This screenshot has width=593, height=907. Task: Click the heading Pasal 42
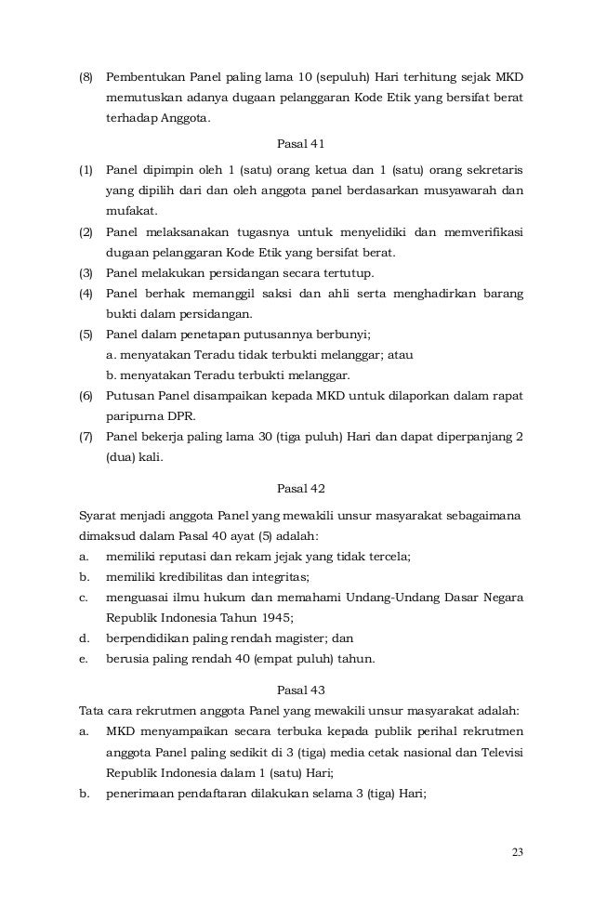(x=296, y=487)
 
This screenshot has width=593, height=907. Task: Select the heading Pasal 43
(x=296, y=689)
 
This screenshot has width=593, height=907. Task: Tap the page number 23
(x=517, y=854)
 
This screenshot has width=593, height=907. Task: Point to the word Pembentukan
(x=143, y=75)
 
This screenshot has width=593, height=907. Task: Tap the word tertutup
(x=346, y=273)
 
